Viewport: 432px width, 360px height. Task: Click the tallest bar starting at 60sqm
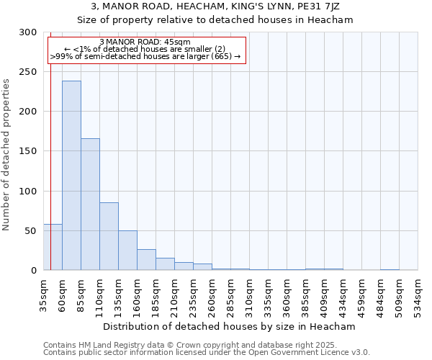click(x=71, y=175)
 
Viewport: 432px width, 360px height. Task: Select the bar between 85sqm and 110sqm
click(x=90, y=204)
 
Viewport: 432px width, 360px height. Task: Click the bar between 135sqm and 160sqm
click(x=127, y=250)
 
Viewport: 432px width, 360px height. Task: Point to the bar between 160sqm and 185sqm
click(x=146, y=259)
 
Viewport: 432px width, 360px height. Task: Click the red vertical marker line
click(x=50, y=144)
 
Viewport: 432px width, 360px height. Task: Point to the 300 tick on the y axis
click(x=28, y=32)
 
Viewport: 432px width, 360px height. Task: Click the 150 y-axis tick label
click(x=28, y=151)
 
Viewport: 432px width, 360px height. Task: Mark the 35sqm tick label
click(x=43, y=294)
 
